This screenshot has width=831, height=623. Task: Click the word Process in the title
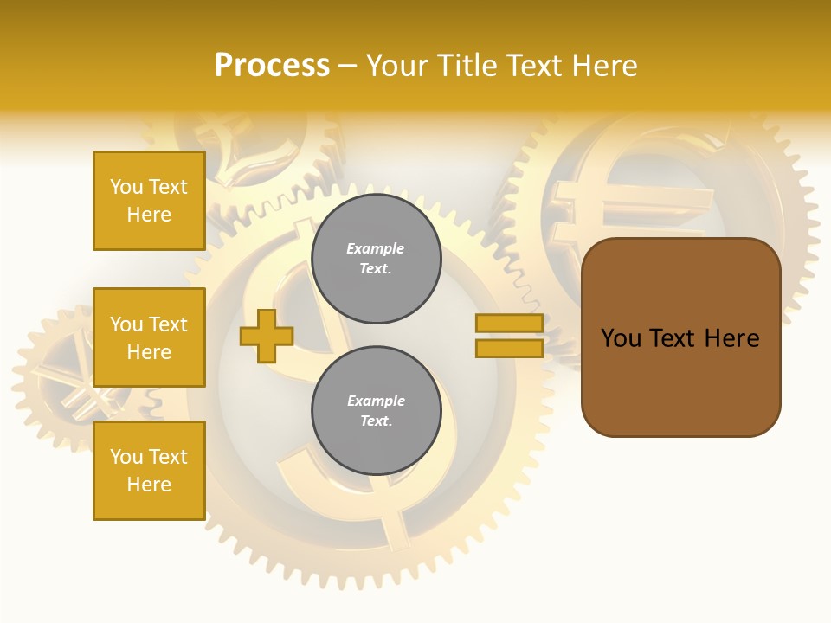pyautogui.click(x=272, y=66)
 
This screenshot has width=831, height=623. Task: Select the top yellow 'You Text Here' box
pyautogui.click(x=149, y=201)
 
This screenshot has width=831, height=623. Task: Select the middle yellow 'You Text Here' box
pyautogui.click(x=149, y=337)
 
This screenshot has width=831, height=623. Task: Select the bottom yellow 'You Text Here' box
pyautogui.click(x=149, y=471)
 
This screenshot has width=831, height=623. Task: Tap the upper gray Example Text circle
pyautogui.click(x=376, y=259)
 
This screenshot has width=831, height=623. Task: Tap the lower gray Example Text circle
pyautogui.click(x=376, y=411)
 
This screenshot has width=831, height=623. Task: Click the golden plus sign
pyautogui.click(x=266, y=336)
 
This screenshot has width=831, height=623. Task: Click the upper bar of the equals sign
pyautogui.click(x=509, y=324)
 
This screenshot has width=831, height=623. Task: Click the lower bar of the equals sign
pyautogui.click(x=509, y=348)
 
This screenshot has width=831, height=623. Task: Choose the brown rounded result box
pyautogui.click(x=680, y=337)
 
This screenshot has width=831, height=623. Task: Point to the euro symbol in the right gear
pyautogui.click(x=597, y=208)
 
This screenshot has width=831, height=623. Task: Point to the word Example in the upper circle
pyautogui.click(x=376, y=249)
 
